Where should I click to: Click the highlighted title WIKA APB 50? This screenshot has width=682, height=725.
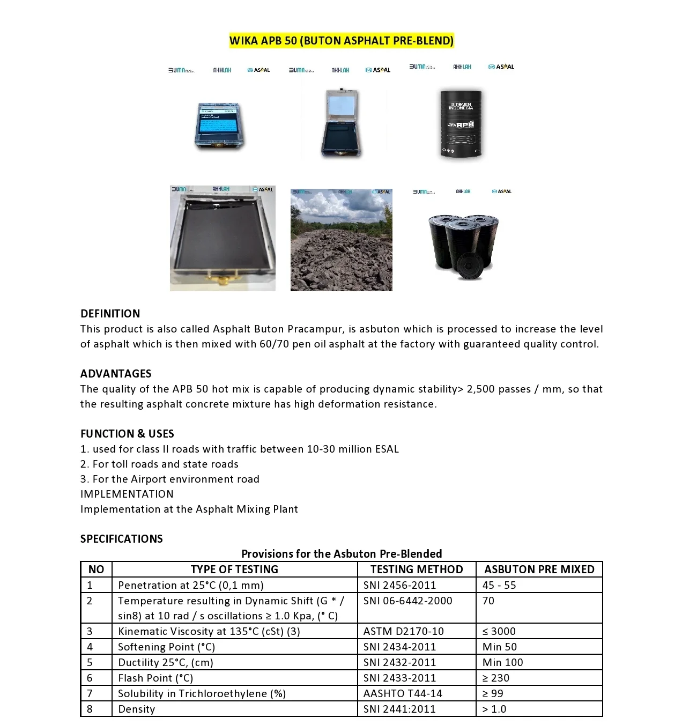point(341,41)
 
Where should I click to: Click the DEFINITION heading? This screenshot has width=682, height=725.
point(110,314)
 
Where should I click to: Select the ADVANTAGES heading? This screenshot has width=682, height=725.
point(116,374)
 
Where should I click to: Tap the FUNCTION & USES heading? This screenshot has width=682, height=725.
point(127,434)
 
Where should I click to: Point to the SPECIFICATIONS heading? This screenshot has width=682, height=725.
point(121,539)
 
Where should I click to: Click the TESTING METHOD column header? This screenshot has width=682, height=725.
point(417,569)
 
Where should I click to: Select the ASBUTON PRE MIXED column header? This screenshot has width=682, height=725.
point(539,569)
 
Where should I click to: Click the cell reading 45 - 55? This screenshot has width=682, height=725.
point(499,585)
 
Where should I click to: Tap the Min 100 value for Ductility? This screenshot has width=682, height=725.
point(502,662)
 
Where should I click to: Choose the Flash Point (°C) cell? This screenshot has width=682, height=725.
point(155,678)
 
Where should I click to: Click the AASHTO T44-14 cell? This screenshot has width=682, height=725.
point(403,693)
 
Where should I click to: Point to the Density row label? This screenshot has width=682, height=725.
point(137,709)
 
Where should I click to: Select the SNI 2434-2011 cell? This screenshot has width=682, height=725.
point(399,647)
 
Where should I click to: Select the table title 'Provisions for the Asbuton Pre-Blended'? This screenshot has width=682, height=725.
point(342,554)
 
